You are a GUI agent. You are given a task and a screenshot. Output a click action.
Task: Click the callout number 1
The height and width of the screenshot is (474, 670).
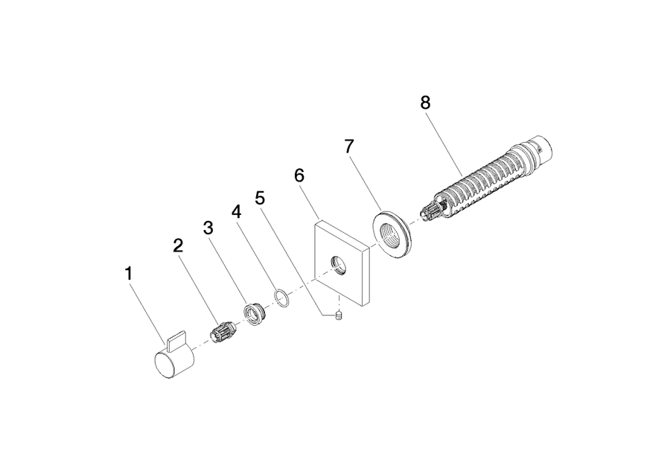click(129, 274)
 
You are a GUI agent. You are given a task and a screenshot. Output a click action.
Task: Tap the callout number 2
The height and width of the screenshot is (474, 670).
click(178, 246)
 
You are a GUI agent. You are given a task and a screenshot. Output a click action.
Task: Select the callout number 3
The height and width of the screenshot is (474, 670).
click(208, 228)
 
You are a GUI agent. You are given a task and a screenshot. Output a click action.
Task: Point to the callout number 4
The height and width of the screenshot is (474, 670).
click(236, 211)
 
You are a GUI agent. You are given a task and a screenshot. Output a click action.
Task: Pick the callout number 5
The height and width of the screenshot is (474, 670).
click(260, 198)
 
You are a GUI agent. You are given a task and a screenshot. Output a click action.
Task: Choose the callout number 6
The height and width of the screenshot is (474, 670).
click(299, 175)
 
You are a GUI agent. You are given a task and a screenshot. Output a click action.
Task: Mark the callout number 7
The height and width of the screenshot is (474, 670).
click(349, 147)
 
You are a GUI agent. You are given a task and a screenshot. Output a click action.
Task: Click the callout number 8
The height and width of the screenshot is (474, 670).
click(425, 103)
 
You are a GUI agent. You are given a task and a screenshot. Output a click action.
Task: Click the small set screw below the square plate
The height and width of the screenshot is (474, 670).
click(339, 317)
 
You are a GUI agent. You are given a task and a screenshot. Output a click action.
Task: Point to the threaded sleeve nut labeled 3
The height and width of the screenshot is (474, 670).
click(255, 315)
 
